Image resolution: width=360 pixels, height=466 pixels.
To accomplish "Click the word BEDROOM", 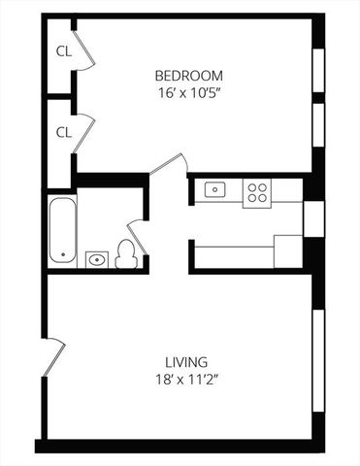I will tap(189, 76).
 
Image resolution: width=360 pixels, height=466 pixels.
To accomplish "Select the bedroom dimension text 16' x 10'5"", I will tap(189, 94).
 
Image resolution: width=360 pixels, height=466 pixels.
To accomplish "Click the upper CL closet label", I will tap(63, 51).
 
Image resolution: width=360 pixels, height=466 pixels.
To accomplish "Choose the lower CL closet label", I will tap(63, 131).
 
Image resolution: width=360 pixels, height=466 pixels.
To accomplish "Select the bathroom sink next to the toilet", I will tap(96, 259).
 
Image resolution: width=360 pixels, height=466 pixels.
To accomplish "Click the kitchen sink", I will tap(215, 190).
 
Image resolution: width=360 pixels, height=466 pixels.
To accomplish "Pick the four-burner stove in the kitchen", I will tap(258, 191).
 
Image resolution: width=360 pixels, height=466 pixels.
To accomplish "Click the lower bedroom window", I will tap(316, 126).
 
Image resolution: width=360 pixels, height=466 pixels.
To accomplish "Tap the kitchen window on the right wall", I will tap(313, 218).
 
